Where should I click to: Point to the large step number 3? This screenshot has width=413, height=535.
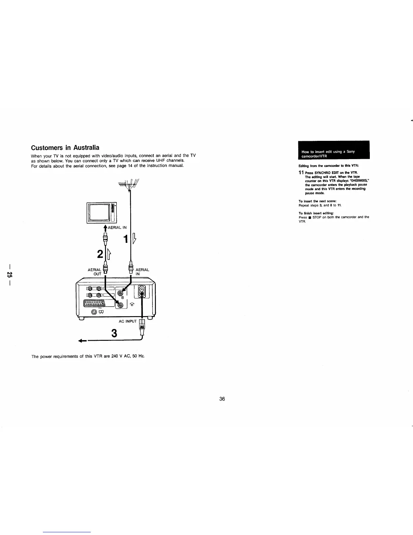pyautogui.click(x=114, y=333)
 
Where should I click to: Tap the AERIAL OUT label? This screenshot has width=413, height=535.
pyautogui.click(x=94, y=272)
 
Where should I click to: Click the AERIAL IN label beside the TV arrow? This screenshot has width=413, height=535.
pyautogui.click(x=117, y=228)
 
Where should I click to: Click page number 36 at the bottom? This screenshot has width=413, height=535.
pyautogui.click(x=222, y=399)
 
